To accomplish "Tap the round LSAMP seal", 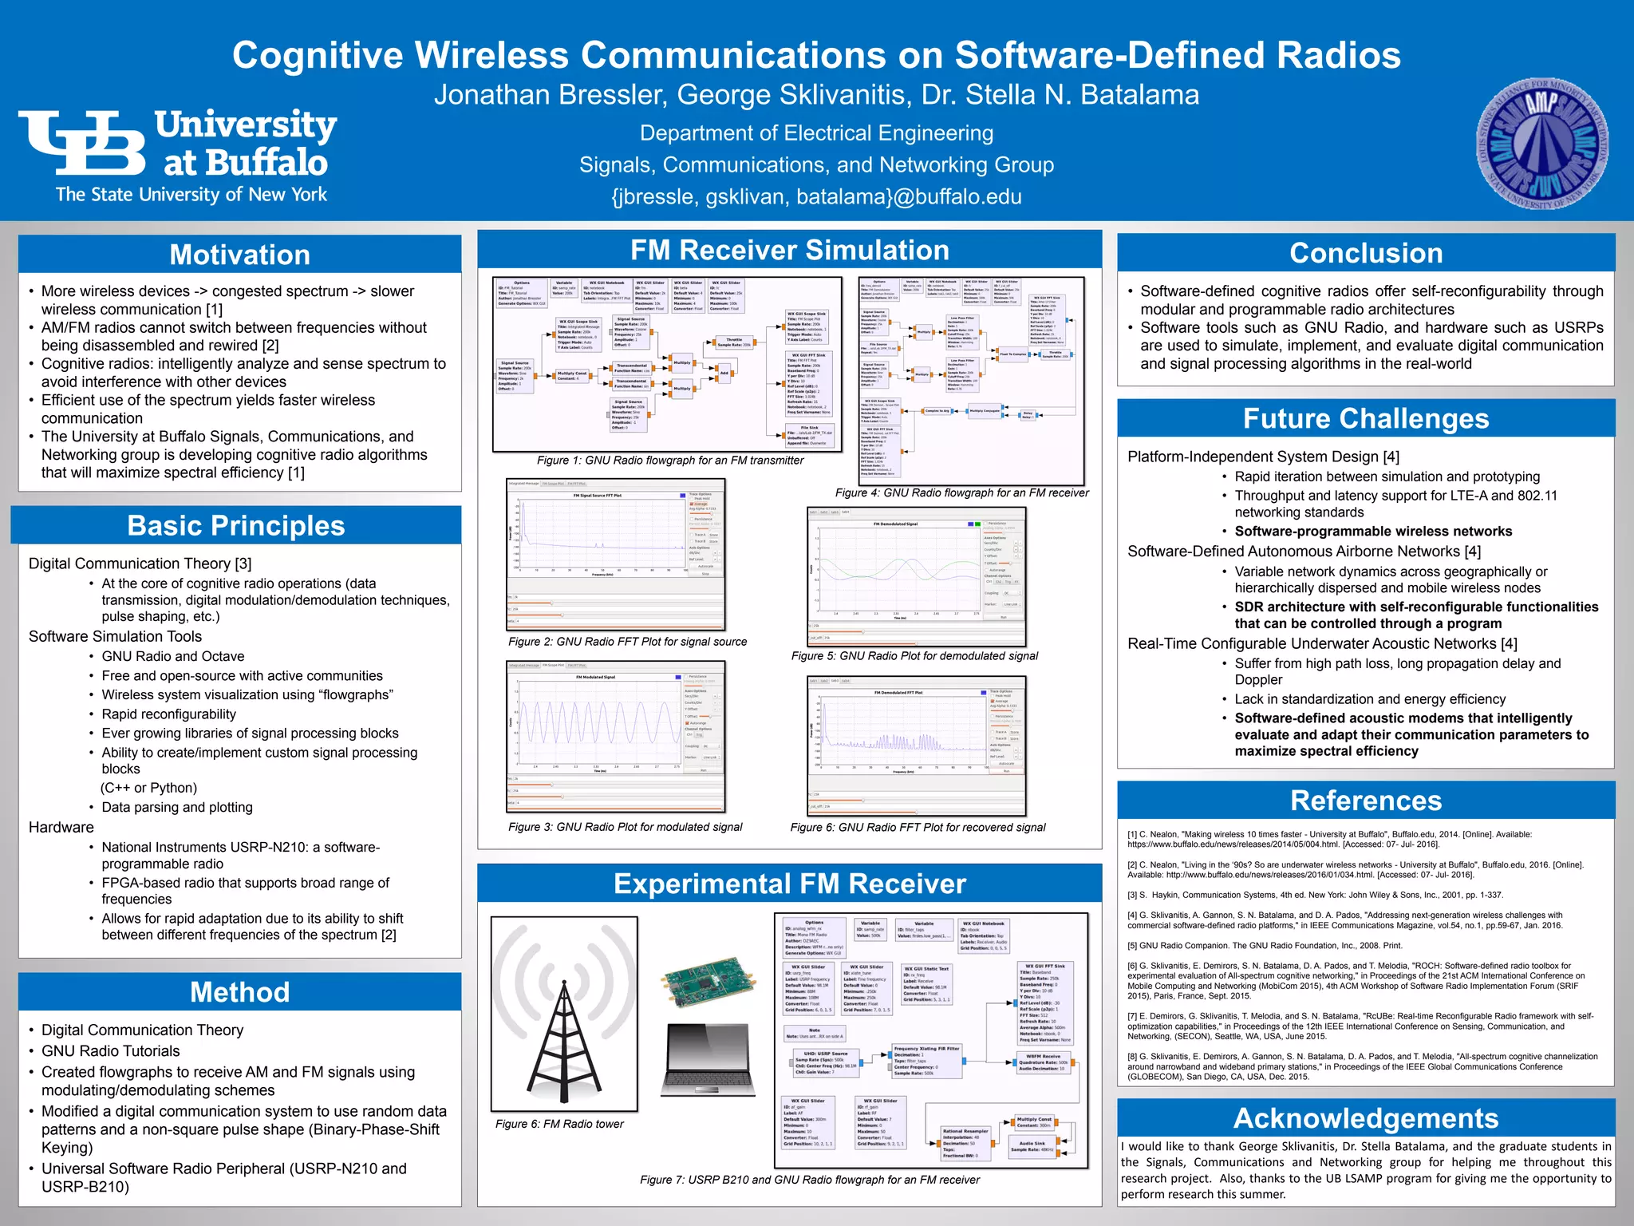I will (1542, 144).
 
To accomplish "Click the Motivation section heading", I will (239, 255).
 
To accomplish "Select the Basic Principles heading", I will (236, 526).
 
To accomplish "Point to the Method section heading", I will (239, 992).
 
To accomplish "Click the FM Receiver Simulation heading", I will (789, 250).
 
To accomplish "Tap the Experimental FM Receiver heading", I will (789, 884).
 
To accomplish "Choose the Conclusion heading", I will (1366, 253).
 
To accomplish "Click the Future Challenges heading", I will (1366, 418).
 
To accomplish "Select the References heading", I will (1366, 801).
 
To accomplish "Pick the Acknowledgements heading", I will (1366, 1118).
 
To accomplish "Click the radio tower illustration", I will (564, 1014).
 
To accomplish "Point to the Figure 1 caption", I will (670, 461).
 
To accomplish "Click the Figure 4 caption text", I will (961, 493).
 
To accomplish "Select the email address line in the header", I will (816, 196).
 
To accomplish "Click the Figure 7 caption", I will (809, 1180).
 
